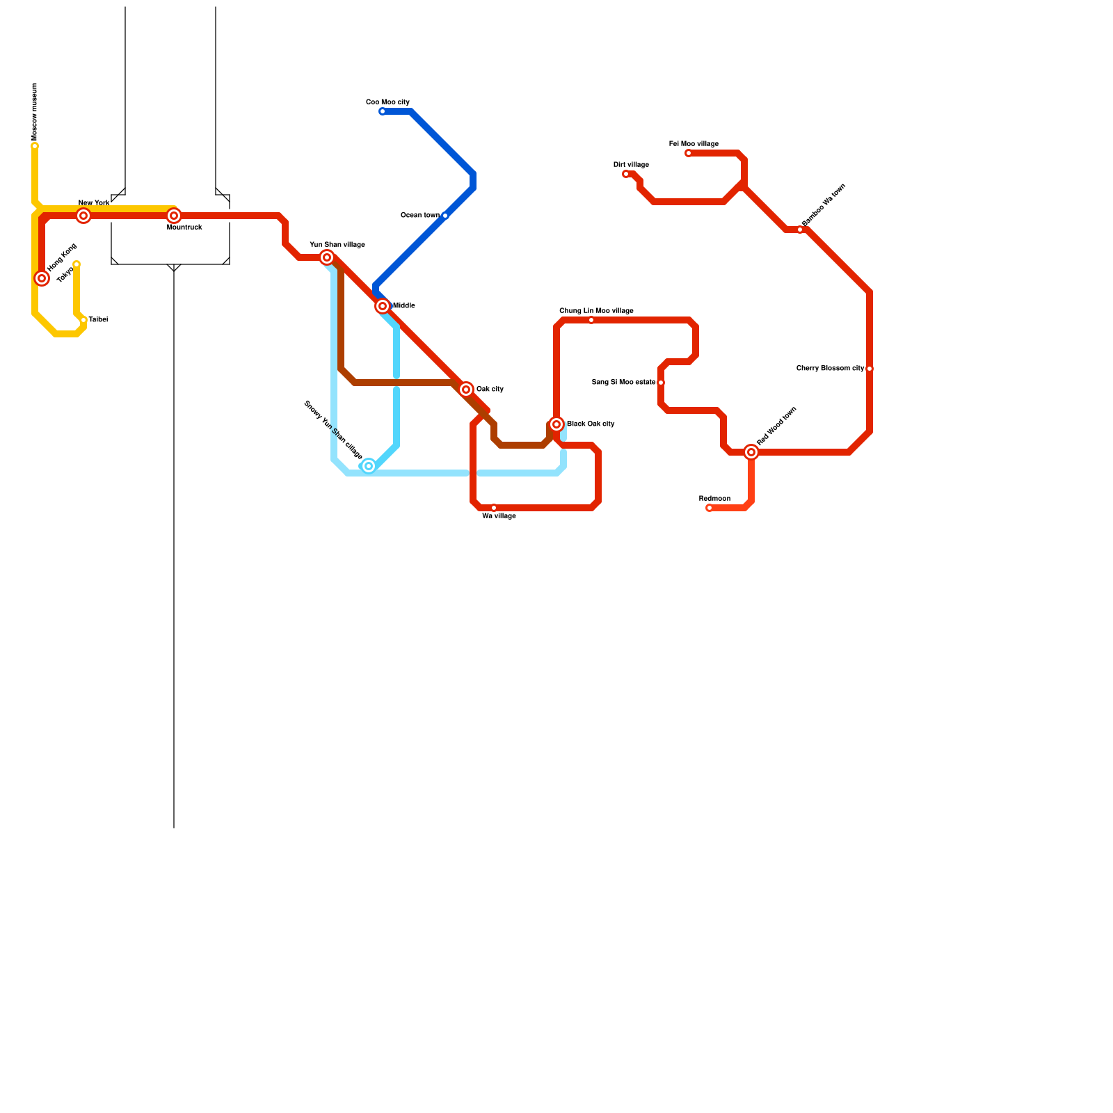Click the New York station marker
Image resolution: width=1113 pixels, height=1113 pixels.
point(83,216)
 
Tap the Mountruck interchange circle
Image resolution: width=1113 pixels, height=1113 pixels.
point(174,216)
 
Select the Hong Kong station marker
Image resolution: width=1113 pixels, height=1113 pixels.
point(42,278)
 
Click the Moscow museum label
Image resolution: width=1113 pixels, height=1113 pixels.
point(35,111)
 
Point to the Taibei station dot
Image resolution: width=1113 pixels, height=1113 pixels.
point(83,320)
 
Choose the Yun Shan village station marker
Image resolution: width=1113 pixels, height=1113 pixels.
point(327,257)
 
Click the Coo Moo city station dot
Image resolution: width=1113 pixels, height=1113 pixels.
point(383,111)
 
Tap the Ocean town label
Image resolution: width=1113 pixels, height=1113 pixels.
point(419,216)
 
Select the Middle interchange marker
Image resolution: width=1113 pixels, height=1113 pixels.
point(383,306)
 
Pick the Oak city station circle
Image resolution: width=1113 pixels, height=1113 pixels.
point(466,390)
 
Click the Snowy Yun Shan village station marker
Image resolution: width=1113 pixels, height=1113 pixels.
point(369,466)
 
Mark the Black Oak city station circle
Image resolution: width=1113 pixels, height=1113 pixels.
point(556,424)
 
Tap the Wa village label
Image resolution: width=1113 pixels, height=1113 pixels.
point(499,516)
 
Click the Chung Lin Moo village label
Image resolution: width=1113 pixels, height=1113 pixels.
point(596,311)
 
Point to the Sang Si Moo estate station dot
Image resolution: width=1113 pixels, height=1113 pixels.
point(661,383)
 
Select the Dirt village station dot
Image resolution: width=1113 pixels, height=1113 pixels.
point(626,174)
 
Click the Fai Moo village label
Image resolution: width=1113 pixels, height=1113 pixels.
point(694,144)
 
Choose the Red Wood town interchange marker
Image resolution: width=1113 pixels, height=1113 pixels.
point(751,452)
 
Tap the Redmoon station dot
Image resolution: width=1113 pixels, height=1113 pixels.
point(710,508)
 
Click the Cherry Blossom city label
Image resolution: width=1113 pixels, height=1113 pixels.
point(830,369)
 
